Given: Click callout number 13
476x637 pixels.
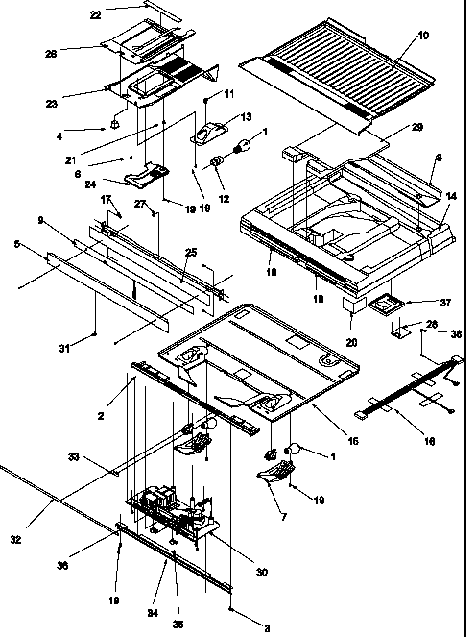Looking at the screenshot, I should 247,116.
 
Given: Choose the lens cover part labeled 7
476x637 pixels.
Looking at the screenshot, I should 274,471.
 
